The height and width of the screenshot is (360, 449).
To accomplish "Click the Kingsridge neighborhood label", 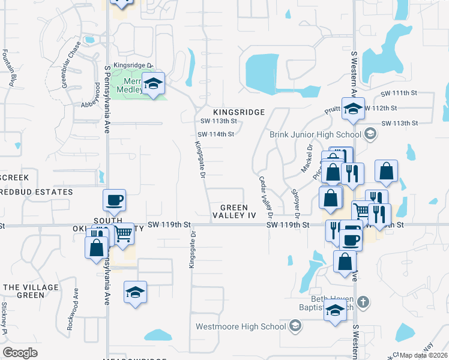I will tap(238, 112).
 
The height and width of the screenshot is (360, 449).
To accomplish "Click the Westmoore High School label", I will tap(241, 327).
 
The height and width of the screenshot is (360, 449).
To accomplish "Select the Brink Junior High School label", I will tap(316, 134).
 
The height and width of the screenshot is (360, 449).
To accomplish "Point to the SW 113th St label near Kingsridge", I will tap(218, 121).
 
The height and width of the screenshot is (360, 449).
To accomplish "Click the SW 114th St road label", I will tap(215, 134).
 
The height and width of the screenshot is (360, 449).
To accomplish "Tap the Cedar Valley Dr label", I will tap(266, 197).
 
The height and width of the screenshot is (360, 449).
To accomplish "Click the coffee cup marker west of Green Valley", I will tap(114, 200).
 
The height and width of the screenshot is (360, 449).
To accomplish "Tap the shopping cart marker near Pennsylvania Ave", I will tap(123, 233).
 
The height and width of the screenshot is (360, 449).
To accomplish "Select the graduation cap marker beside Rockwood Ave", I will tap(135, 292).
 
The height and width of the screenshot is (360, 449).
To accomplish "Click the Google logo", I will tap(20, 353).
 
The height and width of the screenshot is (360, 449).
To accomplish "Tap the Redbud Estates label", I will tap(36, 192).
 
